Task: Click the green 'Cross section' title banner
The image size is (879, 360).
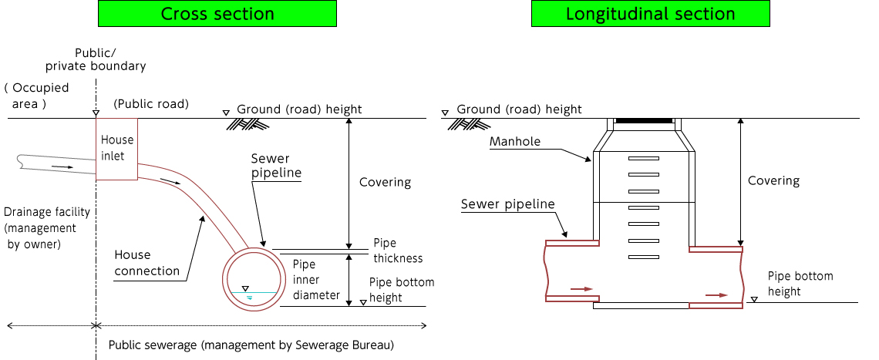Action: tap(217, 14)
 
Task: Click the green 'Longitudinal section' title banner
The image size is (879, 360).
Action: tap(650, 14)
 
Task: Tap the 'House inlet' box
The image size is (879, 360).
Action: tap(116, 148)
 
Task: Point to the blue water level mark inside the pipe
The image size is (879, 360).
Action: tap(248, 296)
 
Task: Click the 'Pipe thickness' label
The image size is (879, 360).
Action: tap(398, 251)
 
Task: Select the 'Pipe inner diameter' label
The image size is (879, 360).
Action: tap(316, 279)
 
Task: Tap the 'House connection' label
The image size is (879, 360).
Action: tap(146, 263)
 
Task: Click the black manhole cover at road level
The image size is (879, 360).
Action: tap(644, 121)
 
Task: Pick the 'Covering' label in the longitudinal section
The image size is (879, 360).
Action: tap(773, 180)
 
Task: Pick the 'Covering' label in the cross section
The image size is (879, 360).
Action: tap(385, 183)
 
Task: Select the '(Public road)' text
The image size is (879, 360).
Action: tap(150, 104)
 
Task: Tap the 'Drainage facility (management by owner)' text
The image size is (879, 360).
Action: tap(46, 228)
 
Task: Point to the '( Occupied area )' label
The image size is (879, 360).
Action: tap(36, 95)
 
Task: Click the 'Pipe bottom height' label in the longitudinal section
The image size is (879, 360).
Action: tap(800, 284)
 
